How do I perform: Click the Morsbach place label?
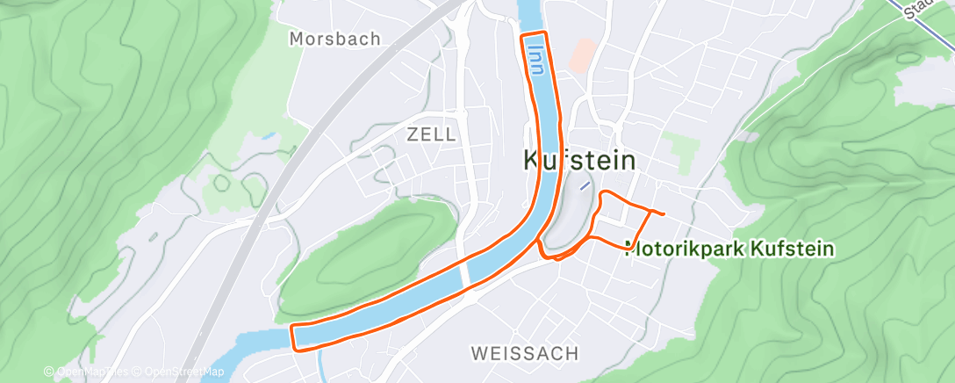coord(335,39)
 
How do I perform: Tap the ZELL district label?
coord(431,134)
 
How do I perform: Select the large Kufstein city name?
coord(579,160)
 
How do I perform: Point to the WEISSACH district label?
coord(525,353)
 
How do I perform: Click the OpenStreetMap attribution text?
coord(179,372)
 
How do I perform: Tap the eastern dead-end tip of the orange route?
coord(664,214)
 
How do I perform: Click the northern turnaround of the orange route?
coord(535,34)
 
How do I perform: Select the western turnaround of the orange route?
coord(294,336)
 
